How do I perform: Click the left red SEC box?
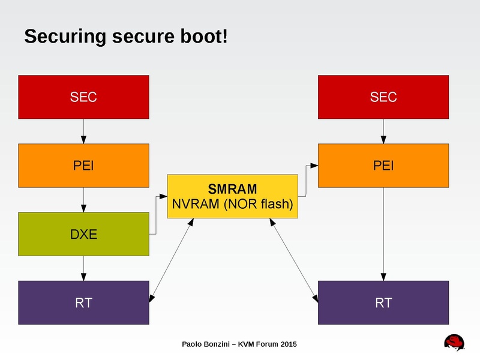coord(83,97)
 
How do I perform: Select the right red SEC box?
coord(383,97)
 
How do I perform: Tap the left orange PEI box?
coord(83,166)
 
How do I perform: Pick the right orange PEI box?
coord(383,166)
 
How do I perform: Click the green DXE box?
coord(83,234)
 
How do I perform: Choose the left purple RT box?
coord(83,302)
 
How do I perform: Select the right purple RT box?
coord(383,302)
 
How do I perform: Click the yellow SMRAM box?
coord(232,196)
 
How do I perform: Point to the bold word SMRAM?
coord(232,189)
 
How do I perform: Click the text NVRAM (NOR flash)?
coord(232,204)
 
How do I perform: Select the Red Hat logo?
coord(455,342)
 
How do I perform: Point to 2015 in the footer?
coord(287,344)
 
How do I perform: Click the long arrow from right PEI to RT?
coord(383,234)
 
